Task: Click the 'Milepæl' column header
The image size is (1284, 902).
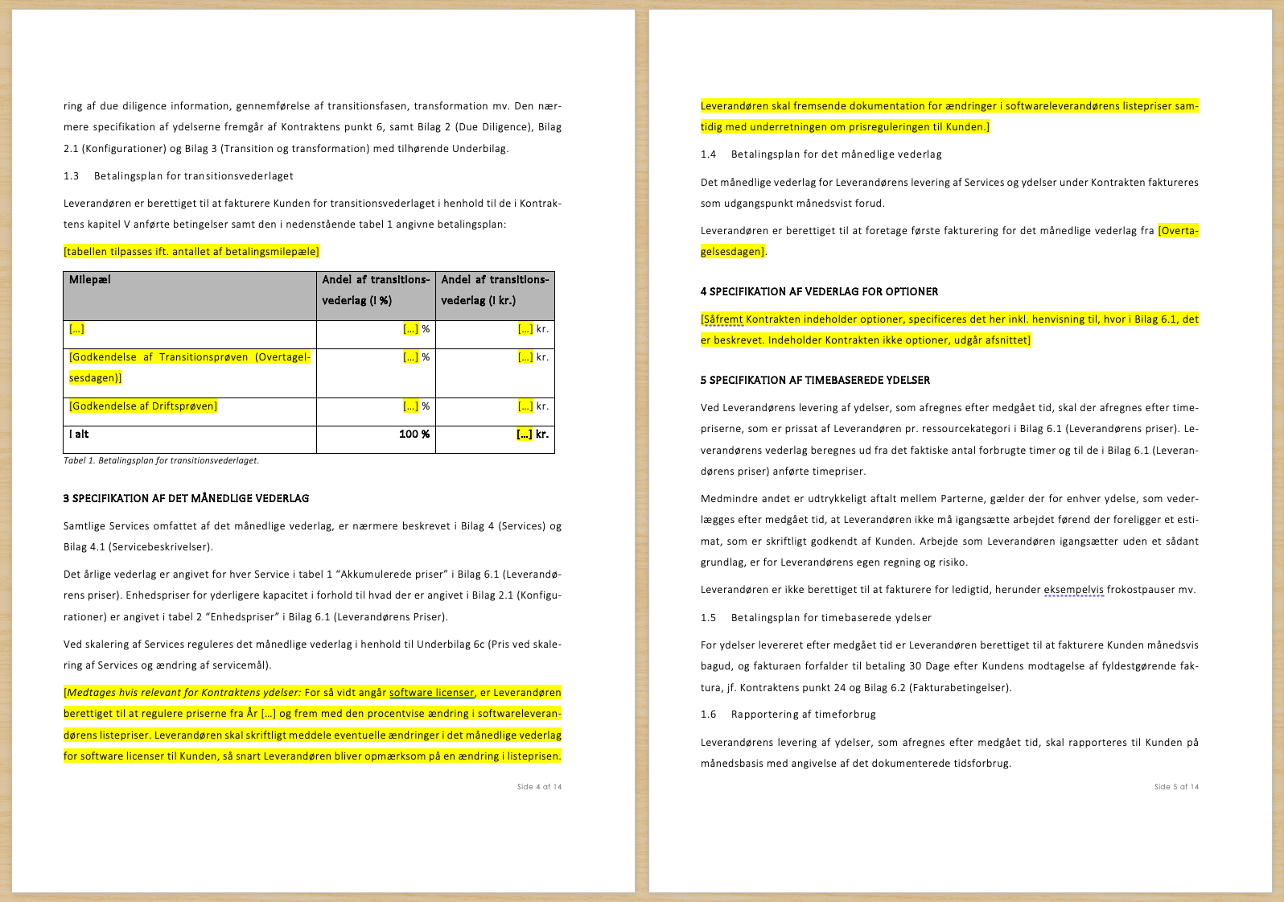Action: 90,280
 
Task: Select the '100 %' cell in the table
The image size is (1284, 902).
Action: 414,435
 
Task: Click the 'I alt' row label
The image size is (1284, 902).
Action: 79,435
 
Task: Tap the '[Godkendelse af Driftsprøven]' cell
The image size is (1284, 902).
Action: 143,406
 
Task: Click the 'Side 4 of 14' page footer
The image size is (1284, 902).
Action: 539,787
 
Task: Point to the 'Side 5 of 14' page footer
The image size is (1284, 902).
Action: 1176,787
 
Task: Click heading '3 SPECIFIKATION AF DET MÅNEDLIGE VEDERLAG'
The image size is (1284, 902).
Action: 186,499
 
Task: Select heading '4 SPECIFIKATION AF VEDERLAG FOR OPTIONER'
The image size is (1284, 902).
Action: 819,292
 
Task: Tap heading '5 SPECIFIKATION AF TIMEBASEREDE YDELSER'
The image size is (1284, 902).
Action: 815,381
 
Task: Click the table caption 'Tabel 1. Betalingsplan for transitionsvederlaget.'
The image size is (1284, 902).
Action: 161,461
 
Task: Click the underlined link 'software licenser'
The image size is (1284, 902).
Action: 431,693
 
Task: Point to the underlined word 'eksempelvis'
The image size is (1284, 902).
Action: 1073,590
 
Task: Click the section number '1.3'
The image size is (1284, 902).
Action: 72,176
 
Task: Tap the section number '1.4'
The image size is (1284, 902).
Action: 708,154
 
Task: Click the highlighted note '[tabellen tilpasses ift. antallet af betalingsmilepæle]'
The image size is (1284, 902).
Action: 191,252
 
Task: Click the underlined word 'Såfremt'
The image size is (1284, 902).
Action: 723,319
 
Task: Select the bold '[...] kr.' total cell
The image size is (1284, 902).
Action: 532,435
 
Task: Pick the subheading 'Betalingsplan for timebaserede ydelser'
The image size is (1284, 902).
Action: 831,618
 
